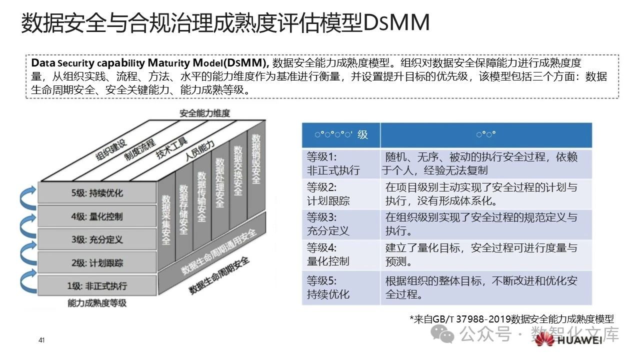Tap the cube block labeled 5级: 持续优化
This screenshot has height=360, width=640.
tap(97, 193)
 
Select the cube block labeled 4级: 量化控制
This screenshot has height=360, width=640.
tap(97, 216)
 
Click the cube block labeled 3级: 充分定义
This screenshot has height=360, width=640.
tap(97, 239)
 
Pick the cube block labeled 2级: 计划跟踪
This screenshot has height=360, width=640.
tap(97, 263)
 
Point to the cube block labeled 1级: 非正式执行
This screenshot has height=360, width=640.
tap(97, 286)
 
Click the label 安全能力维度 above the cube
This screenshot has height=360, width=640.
tap(205, 113)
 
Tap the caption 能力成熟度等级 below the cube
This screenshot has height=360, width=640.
tap(97, 303)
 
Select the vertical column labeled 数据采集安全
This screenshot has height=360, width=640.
tap(166, 220)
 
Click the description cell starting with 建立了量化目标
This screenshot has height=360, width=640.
tap(485, 254)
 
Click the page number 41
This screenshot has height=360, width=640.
tap(41, 340)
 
